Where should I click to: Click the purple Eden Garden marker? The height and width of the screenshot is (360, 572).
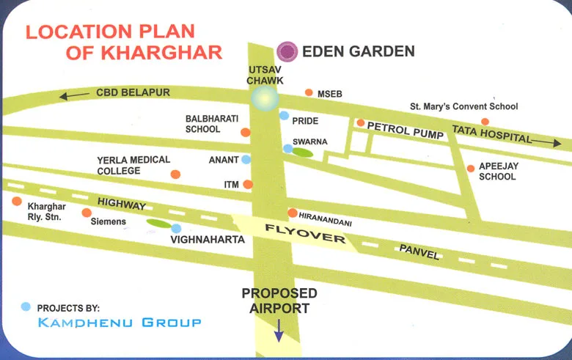(x=287, y=51)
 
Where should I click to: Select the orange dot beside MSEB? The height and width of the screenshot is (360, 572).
(x=309, y=93)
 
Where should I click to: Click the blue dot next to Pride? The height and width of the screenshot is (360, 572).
(x=284, y=116)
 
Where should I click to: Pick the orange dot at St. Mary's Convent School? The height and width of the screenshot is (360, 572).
(x=484, y=122)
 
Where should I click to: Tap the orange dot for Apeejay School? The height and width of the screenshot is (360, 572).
(x=471, y=169)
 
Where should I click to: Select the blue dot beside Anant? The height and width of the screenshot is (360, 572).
(x=246, y=159)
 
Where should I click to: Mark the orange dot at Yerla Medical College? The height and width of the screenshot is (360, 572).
(x=175, y=175)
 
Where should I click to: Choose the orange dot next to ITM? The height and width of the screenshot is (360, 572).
(x=248, y=185)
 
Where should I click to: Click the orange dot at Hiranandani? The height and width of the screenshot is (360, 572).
(x=293, y=213)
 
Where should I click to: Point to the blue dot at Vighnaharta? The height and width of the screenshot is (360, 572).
(x=176, y=228)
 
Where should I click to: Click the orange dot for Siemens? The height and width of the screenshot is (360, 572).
(x=87, y=213)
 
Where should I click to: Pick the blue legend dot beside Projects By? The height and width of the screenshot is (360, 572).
(x=26, y=306)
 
